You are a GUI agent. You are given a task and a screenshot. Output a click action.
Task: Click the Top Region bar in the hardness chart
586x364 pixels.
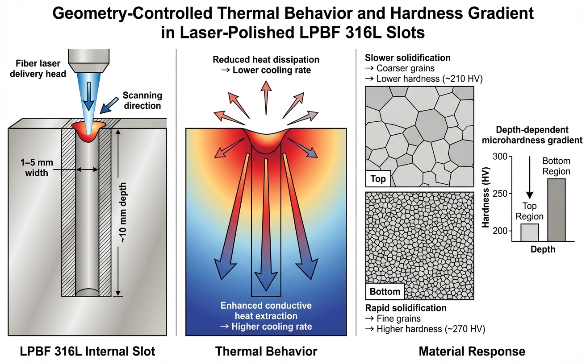(530, 232)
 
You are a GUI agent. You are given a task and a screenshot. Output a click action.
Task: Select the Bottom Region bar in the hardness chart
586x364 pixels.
(556, 210)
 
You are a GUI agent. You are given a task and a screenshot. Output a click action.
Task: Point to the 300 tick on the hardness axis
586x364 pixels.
(502, 157)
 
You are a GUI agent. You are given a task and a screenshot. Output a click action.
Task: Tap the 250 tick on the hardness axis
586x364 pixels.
(502, 194)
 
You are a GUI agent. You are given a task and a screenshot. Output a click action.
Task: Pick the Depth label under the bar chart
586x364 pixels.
(543, 249)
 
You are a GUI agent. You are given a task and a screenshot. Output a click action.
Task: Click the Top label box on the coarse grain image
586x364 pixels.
(378, 179)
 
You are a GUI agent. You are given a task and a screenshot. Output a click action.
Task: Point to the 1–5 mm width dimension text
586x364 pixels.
(34, 167)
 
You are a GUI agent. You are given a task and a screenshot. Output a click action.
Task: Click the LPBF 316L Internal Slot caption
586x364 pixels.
(88, 352)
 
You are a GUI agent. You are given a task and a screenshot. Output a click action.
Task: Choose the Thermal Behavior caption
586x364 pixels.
(266, 352)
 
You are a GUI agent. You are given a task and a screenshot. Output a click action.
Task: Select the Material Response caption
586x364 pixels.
(472, 352)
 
